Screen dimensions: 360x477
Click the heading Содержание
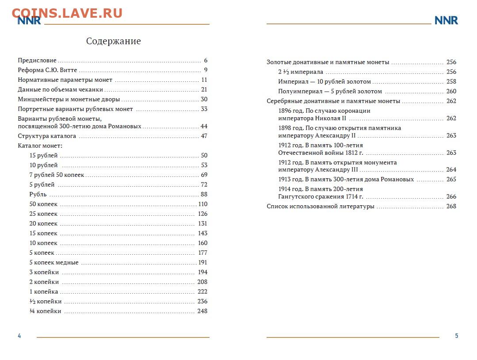coord(113,42)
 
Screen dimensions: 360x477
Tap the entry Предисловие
coord(37,61)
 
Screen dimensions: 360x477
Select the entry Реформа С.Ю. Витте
coord(47,70)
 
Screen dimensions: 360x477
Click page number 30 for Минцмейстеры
coord(204,100)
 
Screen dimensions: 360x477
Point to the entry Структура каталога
coord(47,136)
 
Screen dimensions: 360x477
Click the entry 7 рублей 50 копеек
coord(57,175)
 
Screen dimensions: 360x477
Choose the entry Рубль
coord(38,195)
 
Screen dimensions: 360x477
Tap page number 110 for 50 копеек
coord(202,204)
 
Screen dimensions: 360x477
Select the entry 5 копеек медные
coord(54,263)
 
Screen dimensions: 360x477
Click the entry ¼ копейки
coord(45,311)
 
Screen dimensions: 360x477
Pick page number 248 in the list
coord(202,311)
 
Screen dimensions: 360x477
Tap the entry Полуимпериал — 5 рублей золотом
coord(330,92)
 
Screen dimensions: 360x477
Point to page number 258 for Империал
coord(451,82)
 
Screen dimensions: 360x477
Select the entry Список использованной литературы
coord(321,207)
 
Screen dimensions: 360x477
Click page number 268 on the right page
coord(451,207)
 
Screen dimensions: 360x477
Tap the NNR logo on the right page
coord(446,20)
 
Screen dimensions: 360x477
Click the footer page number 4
coord(19,336)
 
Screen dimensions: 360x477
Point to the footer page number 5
coord(457,336)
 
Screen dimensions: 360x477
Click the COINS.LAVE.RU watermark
coord(67,13)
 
